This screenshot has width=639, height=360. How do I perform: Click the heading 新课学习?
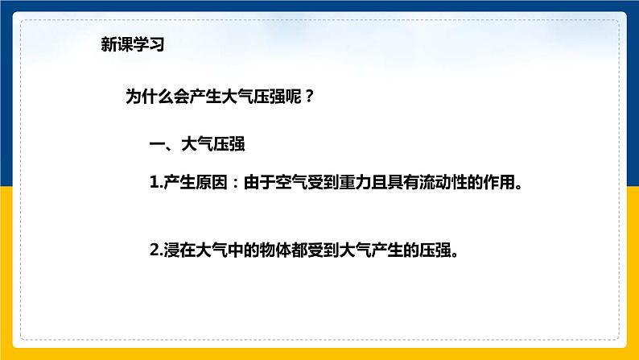pos(133,44)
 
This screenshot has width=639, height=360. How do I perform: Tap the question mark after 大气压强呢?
pos(309,97)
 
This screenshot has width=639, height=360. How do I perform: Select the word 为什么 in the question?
pos(149,97)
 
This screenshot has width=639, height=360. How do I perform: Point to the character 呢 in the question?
pos(294,97)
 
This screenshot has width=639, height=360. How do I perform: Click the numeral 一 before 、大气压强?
pos(157,144)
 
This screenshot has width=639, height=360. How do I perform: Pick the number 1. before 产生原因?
pos(156,182)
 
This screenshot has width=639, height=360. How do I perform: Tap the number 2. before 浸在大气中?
pos(156,250)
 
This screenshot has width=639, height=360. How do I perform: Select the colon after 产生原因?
pos(235,183)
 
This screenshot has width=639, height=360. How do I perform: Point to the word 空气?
pos(291,182)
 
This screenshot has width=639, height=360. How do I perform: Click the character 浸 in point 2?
pos(171,250)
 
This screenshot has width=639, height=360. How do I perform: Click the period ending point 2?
pos(456,254)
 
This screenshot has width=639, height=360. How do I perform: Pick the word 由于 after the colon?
pos(259,182)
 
